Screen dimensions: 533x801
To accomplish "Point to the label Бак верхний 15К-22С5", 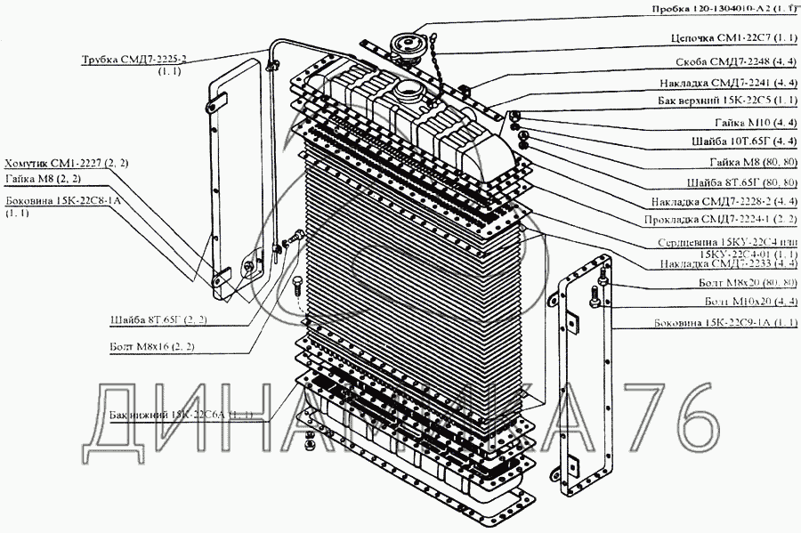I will (x=724, y=101).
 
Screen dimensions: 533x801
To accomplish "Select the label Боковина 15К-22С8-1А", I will (x=62, y=201).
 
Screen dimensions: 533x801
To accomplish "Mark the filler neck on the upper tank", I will (x=406, y=90).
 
